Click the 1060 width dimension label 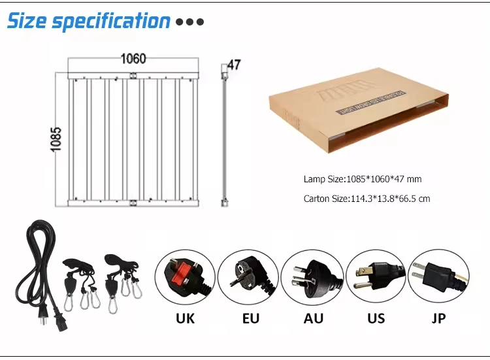point(133,59)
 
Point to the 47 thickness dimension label point(234,65)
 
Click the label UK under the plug point(185,319)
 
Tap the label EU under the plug point(250,319)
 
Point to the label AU point(314,319)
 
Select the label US point(376,319)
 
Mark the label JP point(439,319)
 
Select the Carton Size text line point(367,199)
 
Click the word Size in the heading point(27,21)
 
